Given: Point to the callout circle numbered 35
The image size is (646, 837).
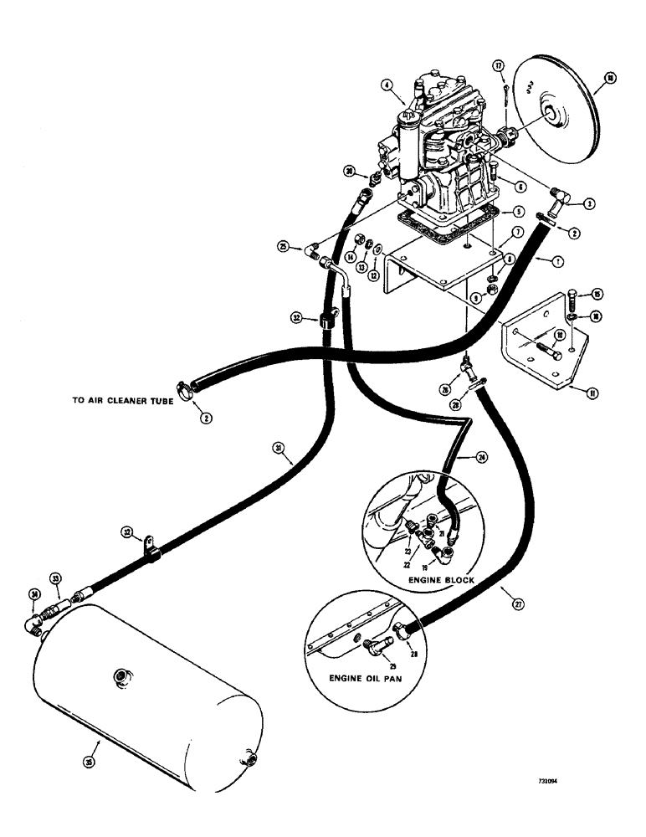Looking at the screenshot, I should tap(90, 762).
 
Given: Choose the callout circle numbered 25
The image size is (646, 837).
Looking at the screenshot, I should tap(285, 246).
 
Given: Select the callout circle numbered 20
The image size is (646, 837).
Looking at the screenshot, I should tap(349, 172).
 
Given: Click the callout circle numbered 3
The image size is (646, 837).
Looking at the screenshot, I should tap(589, 203).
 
